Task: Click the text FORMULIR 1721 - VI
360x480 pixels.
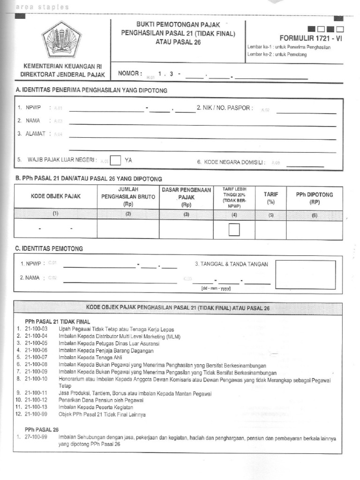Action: tap(311, 38)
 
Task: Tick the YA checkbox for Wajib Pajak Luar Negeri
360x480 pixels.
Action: tap(116, 160)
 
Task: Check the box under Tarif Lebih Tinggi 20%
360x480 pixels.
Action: tap(234, 230)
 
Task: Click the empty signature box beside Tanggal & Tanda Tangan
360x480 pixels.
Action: tap(305, 275)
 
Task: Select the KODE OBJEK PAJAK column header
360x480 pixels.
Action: tap(55, 196)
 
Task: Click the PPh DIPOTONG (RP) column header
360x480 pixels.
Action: tap(314, 198)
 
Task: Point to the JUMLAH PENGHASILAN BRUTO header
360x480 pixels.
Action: tap(128, 196)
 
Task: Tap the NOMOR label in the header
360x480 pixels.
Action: tap(130, 74)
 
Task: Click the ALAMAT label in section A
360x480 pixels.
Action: tap(32, 134)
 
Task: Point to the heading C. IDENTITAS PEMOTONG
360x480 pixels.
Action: tap(49, 248)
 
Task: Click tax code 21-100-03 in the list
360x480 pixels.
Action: tap(36, 329)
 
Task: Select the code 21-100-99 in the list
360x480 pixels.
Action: tap(36, 414)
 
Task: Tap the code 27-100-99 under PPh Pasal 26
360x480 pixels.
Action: tap(36, 437)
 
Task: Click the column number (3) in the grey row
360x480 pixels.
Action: tap(186, 214)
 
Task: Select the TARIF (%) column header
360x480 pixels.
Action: tap(270, 198)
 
